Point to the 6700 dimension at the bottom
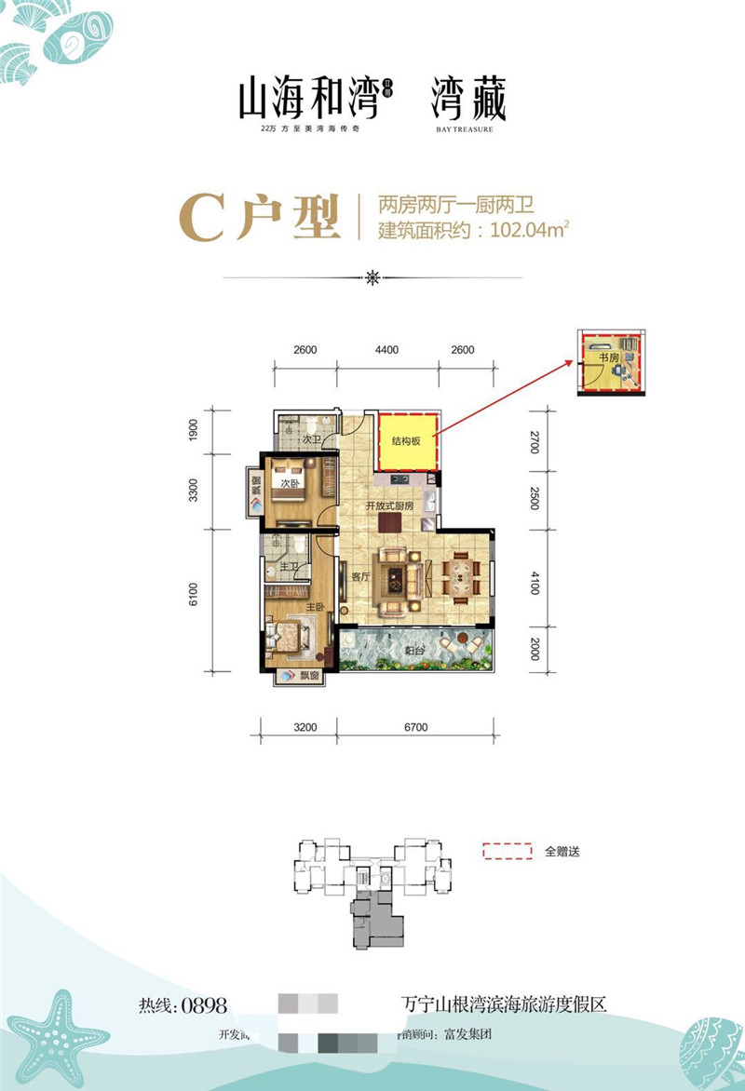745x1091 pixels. click(x=414, y=727)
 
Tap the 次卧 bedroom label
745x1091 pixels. click(x=289, y=484)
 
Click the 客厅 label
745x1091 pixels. click(x=360, y=576)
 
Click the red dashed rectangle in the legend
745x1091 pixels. click(x=507, y=851)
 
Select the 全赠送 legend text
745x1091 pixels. click(x=562, y=851)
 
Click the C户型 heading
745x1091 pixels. click(x=258, y=218)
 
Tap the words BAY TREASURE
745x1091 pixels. click(x=464, y=129)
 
